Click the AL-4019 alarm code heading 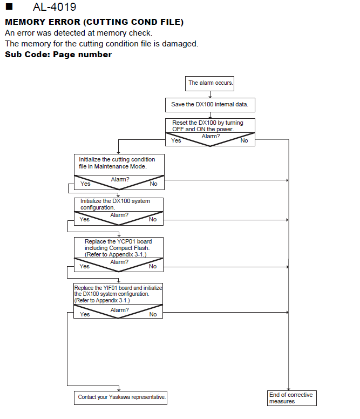pos(55,7)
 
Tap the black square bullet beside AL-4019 pos(9,6)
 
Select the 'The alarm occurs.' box pos(209,84)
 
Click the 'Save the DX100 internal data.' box pos(210,105)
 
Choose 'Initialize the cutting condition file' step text pos(117,163)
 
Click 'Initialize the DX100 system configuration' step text pos(115,204)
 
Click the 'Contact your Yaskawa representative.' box pos(120,397)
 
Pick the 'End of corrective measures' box pos(292,398)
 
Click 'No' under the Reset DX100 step pos(244,140)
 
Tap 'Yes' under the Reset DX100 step pos(176,140)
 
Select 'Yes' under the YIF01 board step pos(85,314)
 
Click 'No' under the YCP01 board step pos(153,266)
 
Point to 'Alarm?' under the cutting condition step pos(120,179)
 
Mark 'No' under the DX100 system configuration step pos(153,219)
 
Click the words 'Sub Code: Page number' pos(58,55)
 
